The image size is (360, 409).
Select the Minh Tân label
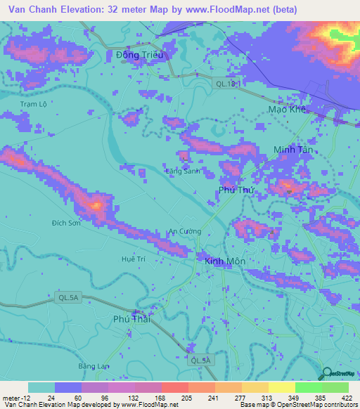tap(292, 150)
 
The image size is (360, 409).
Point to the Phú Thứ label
tap(236, 190)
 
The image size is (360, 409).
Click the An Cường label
tap(185, 231)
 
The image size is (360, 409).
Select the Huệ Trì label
tap(133, 259)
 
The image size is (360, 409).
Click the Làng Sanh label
tap(183, 171)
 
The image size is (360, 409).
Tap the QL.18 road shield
tap(227, 84)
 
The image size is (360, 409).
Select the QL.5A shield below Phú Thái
tap(199, 360)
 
